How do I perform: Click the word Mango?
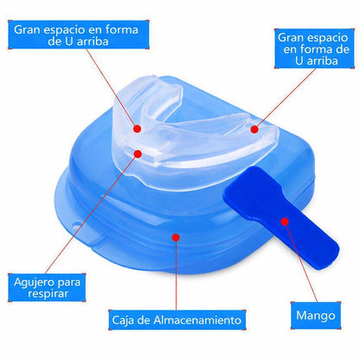[316, 316]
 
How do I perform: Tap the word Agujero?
[31, 282]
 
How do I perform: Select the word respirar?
[48, 293]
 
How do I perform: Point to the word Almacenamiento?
[197, 319]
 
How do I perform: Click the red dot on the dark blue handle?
[285, 222]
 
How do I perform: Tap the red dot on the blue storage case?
[176, 237]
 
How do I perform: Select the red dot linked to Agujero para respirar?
[138, 154]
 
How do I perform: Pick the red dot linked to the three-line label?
[254, 129]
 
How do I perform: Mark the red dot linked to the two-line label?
[138, 129]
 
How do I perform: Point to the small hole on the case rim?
[75, 225]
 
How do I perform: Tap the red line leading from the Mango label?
[301, 261]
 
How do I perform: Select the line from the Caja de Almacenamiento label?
[176, 273]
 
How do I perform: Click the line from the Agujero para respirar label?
[92, 214]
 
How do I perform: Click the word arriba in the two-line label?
[93, 42]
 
